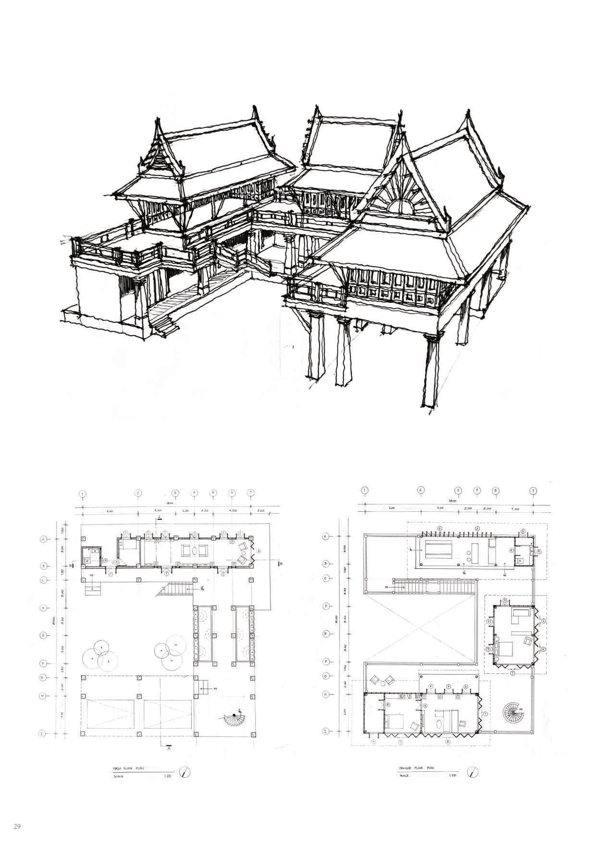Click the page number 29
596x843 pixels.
(17, 827)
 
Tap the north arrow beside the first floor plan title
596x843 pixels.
(185, 773)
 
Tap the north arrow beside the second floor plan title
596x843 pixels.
(475, 772)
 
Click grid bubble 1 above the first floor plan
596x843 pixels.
(83, 494)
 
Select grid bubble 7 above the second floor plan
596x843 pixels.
(533, 491)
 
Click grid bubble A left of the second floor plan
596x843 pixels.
(326, 536)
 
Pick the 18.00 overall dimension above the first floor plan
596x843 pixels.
(170, 503)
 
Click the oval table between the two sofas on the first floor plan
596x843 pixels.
(194, 551)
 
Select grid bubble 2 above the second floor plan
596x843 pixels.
(421, 490)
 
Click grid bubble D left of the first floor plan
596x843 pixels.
(42, 608)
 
